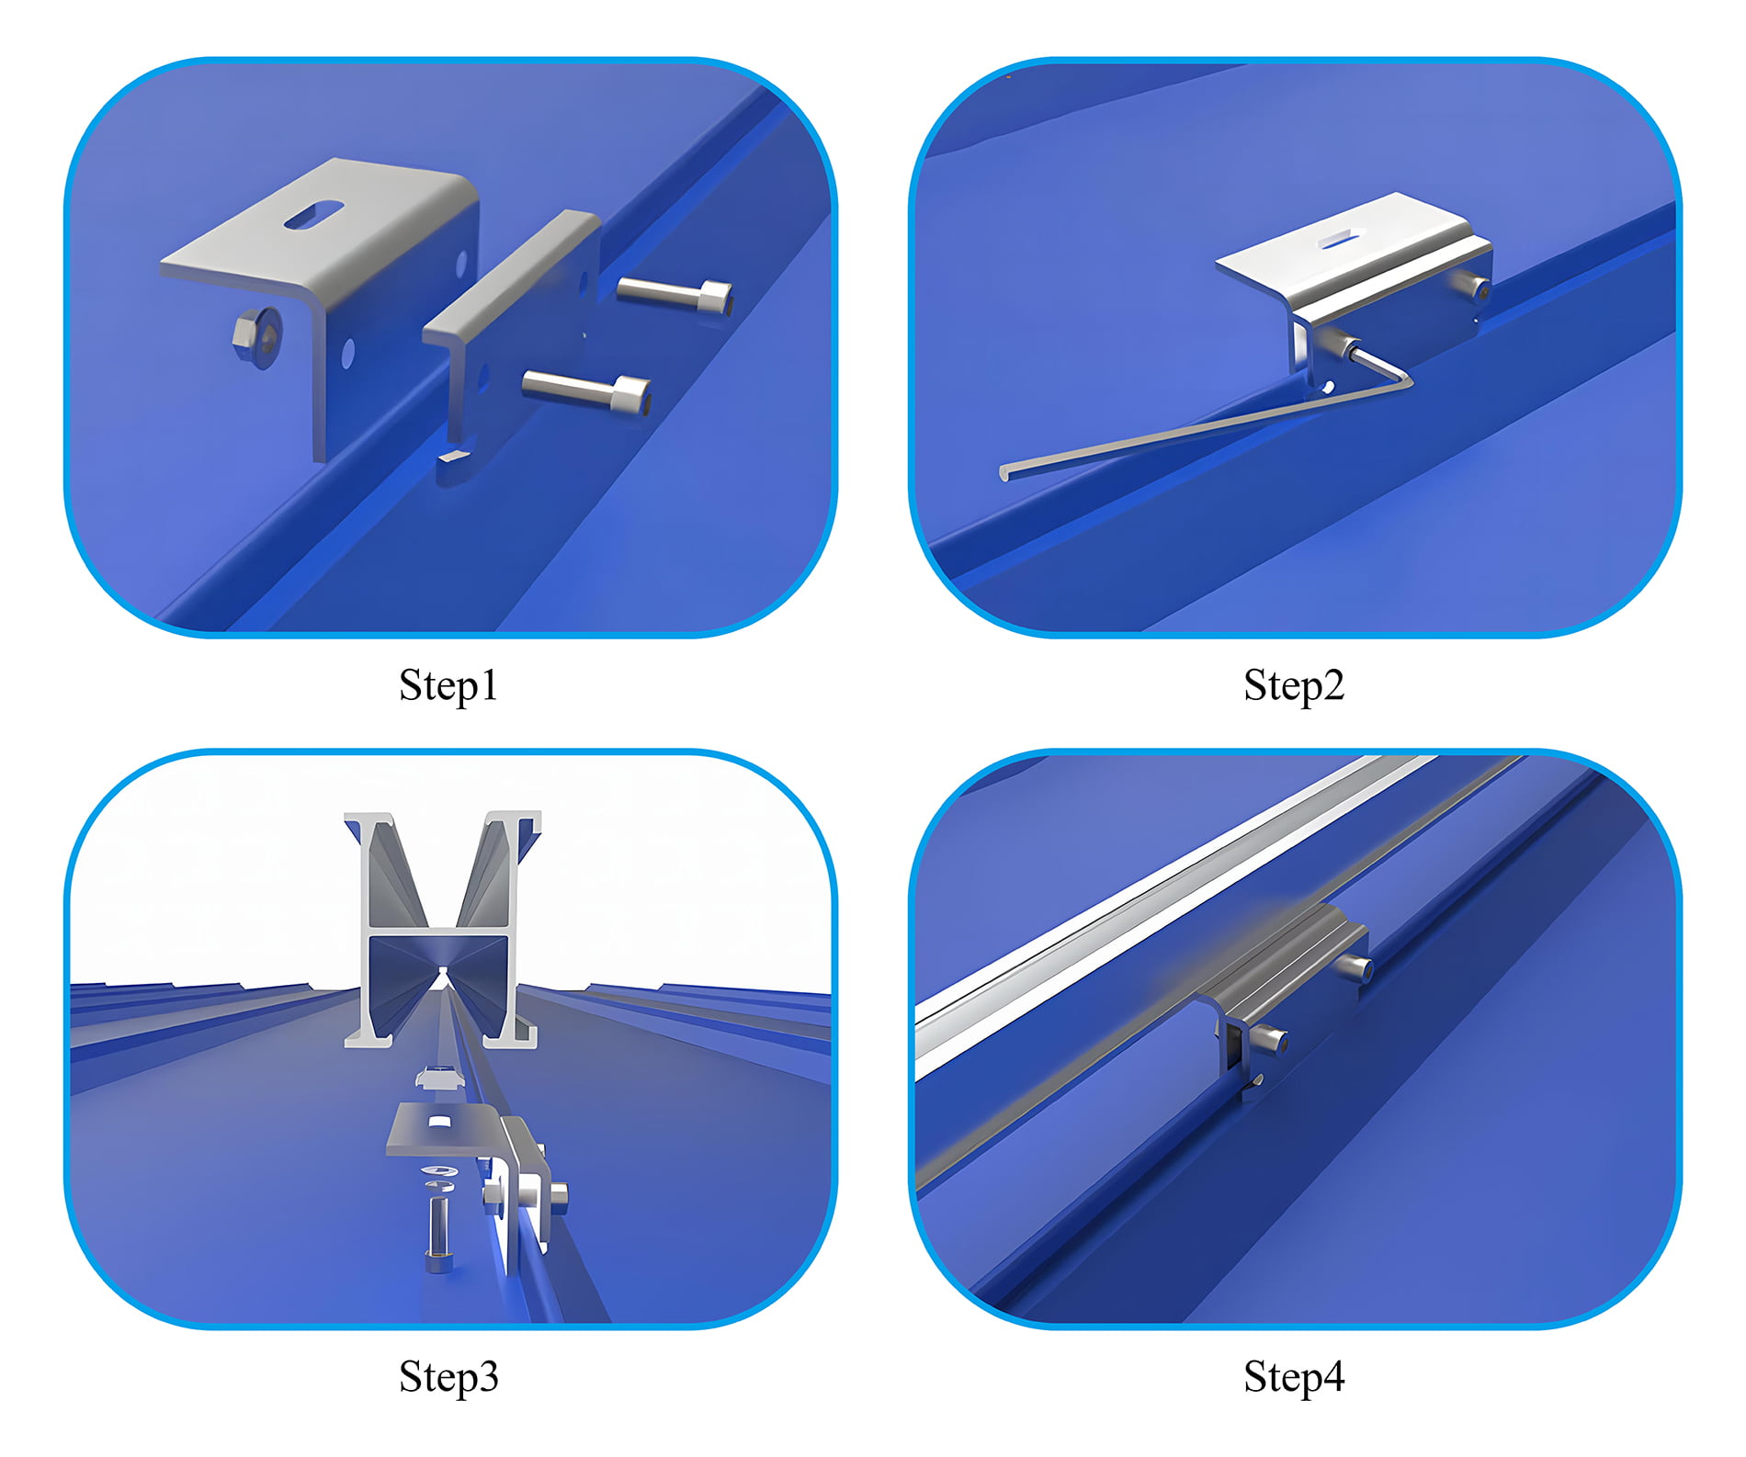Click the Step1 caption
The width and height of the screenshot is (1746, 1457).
[x=448, y=685]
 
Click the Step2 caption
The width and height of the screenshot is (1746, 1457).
[x=1294, y=685]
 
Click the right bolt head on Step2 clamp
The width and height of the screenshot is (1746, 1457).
[x=1480, y=290]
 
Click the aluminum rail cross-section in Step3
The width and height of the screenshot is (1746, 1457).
[x=441, y=928]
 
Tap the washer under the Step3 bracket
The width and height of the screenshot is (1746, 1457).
[x=439, y=1171]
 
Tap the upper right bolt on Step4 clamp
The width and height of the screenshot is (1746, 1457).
[x=1356, y=966]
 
